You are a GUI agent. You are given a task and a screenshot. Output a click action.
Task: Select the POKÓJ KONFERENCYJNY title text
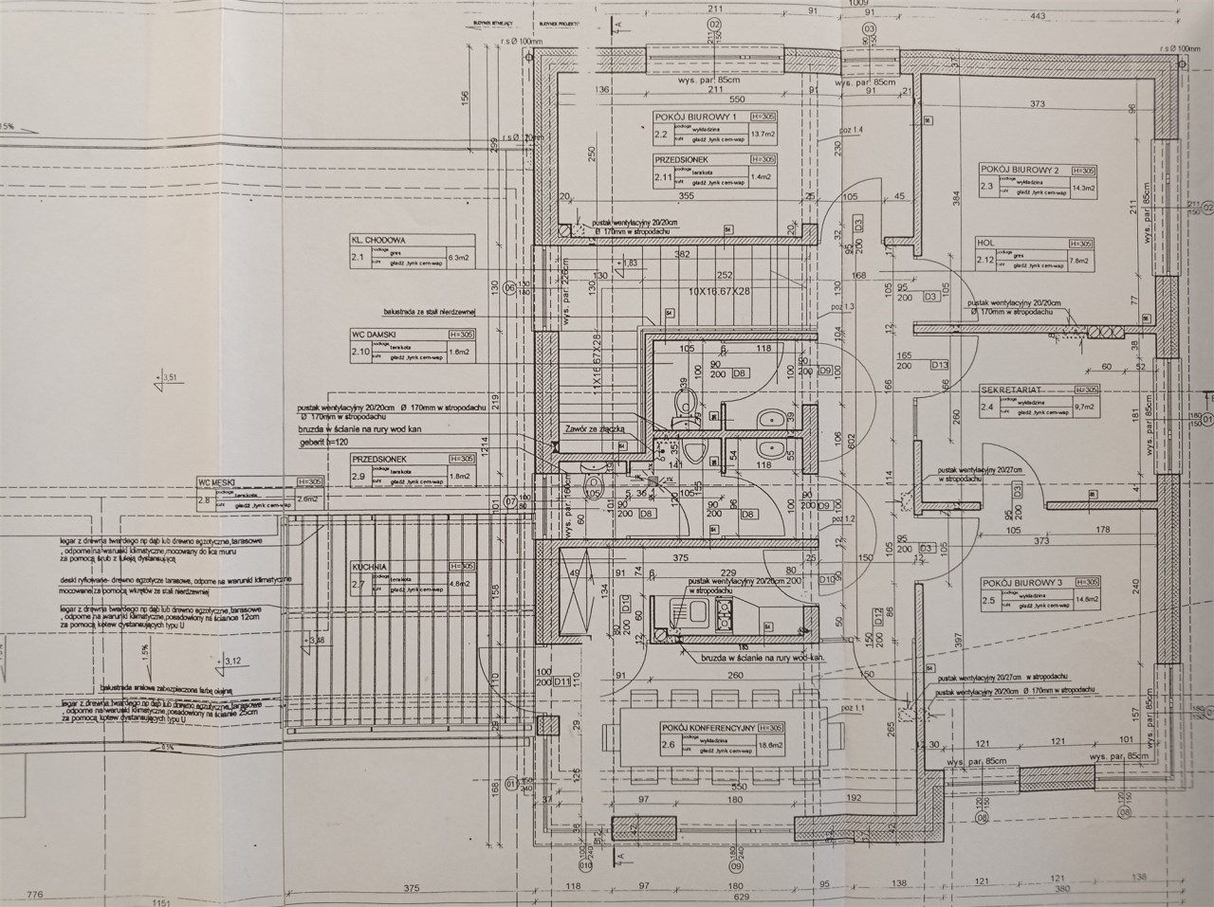[708, 728]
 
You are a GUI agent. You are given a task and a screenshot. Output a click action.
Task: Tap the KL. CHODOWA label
[379, 241]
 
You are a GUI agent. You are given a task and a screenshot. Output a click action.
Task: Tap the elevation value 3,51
[172, 378]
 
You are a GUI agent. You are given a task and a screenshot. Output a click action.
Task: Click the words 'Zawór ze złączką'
[594, 428]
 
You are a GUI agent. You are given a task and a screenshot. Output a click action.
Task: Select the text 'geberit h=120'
[325, 442]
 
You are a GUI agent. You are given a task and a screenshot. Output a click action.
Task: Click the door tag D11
[562, 681]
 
